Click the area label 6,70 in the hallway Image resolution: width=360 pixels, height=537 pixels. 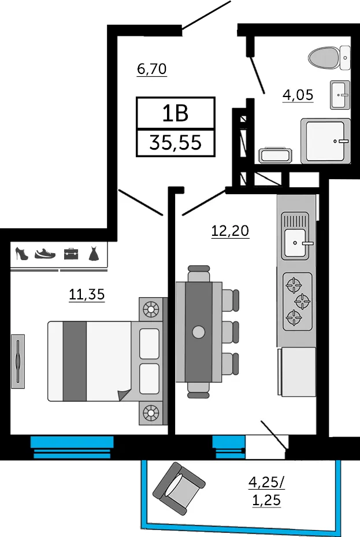click(x=151, y=69)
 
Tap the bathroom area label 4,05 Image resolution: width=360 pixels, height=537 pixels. click(x=298, y=94)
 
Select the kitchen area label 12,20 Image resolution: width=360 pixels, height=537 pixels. click(x=229, y=231)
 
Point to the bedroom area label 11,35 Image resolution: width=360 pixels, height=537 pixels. click(x=87, y=295)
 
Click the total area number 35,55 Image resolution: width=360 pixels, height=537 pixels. click(x=175, y=142)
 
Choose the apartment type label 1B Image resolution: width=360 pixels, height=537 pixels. click(x=175, y=113)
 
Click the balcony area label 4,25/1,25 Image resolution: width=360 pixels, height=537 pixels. click(x=266, y=490)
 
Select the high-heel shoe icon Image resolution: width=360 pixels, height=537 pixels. click(x=21, y=254)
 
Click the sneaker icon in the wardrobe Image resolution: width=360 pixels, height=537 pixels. click(x=45, y=253)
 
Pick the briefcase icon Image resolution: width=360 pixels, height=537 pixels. click(x=70, y=253)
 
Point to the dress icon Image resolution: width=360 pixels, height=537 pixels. click(x=94, y=254)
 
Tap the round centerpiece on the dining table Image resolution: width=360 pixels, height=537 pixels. click(x=199, y=332)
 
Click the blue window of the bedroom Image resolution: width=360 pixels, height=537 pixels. click(x=72, y=447)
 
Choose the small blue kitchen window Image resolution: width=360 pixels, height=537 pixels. click(x=229, y=446)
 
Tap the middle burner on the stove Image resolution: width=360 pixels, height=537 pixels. click(x=302, y=301)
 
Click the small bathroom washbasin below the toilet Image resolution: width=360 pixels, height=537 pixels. click(x=340, y=95)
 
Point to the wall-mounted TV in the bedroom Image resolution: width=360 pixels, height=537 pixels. click(x=18, y=358)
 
